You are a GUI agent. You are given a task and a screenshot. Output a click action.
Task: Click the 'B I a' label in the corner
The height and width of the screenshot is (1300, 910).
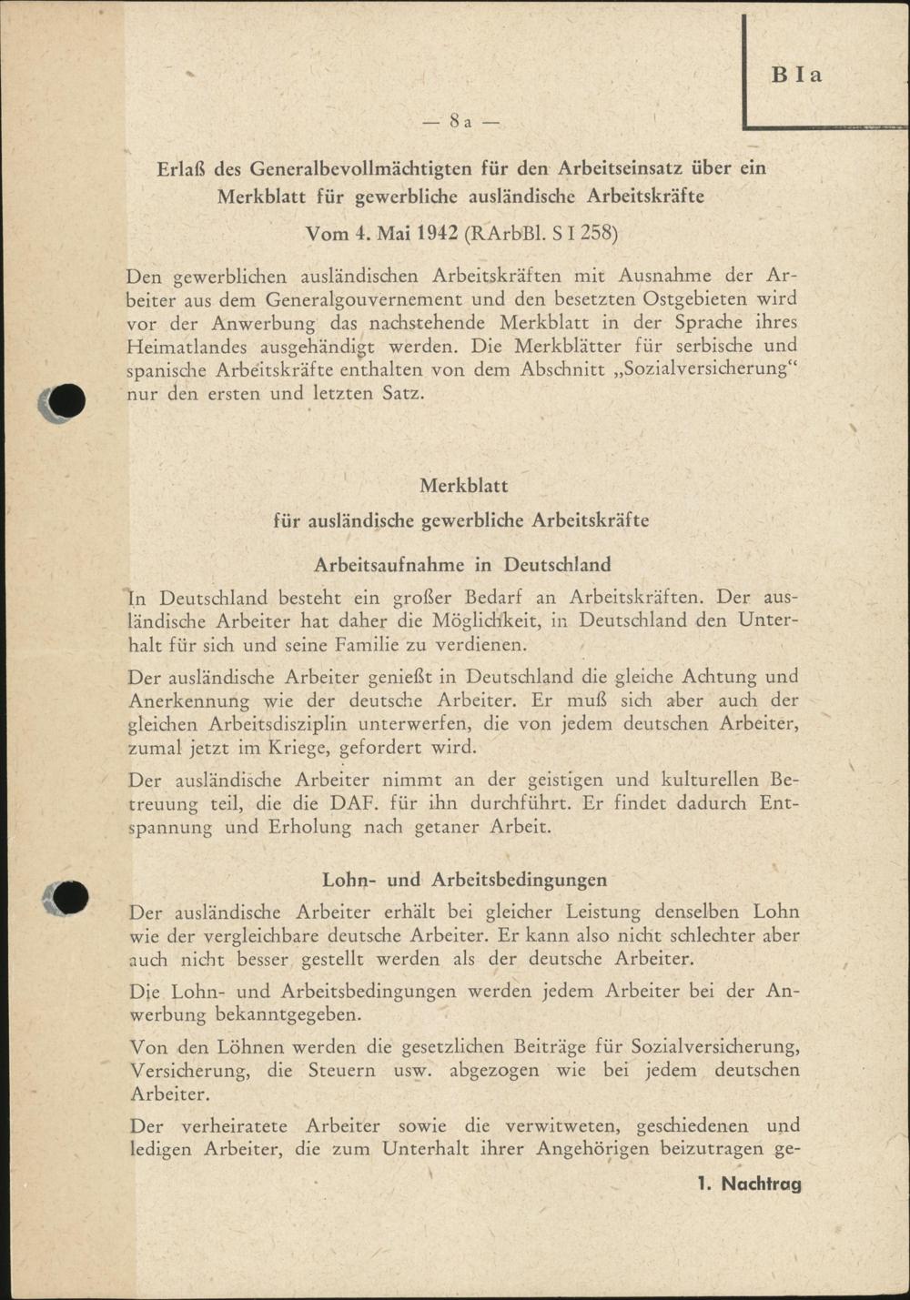click(796, 75)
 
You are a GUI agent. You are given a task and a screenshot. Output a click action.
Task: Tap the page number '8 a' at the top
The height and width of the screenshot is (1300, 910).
click(461, 122)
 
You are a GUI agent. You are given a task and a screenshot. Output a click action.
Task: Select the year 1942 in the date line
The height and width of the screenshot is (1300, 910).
click(437, 233)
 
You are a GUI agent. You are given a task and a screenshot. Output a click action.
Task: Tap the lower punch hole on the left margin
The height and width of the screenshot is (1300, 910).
click(68, 898)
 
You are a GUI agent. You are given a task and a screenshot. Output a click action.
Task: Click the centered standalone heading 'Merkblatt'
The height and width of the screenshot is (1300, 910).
click(463, 486)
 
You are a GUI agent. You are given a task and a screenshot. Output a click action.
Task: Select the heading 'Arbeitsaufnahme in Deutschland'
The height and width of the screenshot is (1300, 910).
click(462, 564)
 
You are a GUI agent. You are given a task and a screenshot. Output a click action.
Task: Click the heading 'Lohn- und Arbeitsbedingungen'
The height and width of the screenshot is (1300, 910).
click(464, 880)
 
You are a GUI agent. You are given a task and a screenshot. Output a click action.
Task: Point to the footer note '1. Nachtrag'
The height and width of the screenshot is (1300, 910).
click(749, 1184)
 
